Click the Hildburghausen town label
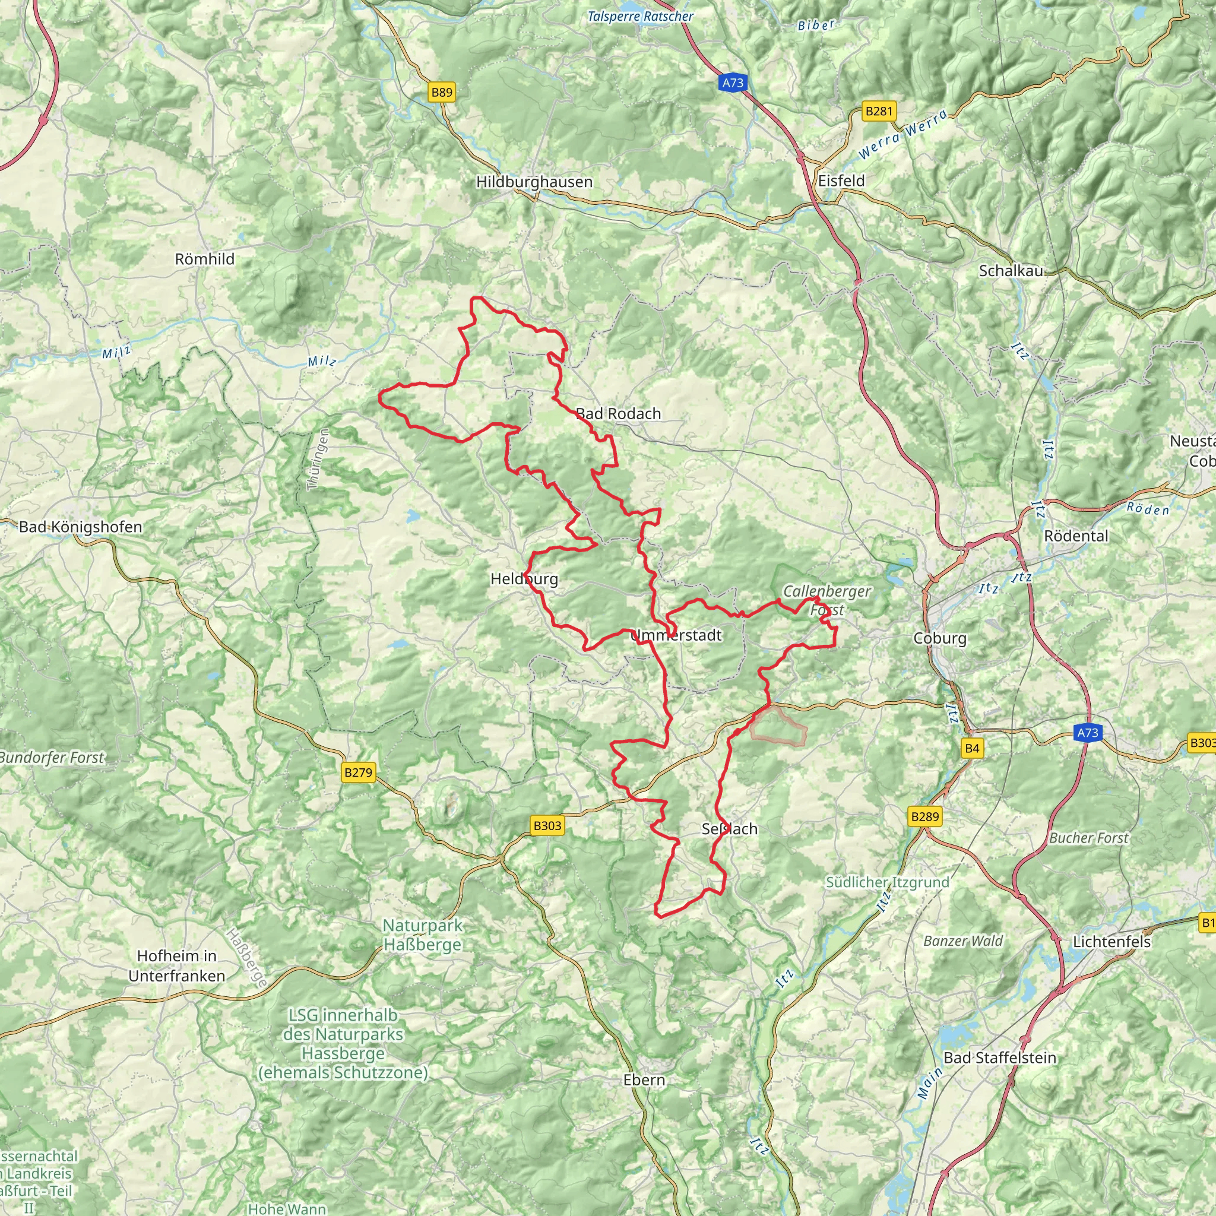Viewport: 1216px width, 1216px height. click(534, 182)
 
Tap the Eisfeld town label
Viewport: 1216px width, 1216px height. click(841, 180)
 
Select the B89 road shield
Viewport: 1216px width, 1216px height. click(441, 93)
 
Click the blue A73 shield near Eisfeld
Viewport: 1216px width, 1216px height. click(733, 83)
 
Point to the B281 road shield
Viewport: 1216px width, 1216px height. click(879, 112)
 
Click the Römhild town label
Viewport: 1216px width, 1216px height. click(205, 259)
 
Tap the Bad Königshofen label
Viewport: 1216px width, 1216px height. click(81, 527)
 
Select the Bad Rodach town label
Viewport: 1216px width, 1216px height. click(618, 413)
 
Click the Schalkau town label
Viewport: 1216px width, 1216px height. click(1011, 271)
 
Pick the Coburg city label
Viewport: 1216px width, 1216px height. click(939, 638)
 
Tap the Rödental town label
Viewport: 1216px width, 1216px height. click(1076, 536)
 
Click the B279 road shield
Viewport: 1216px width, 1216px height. click(358, 772)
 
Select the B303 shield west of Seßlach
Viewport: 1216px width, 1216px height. click(546, 826)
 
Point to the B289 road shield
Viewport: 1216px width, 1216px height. click(924, 816)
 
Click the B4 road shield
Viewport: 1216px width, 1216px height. click(972, 748)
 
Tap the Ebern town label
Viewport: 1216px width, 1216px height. click(643, 1080)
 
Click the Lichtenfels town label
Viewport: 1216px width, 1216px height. click(1111, 942)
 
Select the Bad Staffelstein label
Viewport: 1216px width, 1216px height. click(999, 1057)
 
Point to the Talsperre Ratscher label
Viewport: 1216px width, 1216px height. click(639, 17)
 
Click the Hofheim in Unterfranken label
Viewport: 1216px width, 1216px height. click(176, 965)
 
